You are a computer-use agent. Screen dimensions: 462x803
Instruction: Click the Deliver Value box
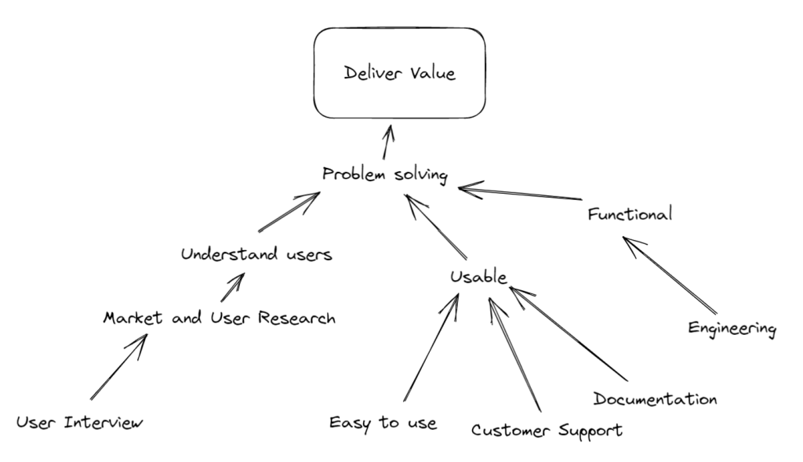click(x=400, y=74)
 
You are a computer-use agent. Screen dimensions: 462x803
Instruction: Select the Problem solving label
click(x=385, y=174)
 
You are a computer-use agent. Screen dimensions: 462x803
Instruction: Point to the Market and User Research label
click(x=220, y=318)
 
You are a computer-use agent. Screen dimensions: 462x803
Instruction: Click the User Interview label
click(x=80, y=423)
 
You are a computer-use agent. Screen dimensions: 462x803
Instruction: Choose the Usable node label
click(x=479, y=276)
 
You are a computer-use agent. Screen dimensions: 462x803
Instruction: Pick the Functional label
click(x=630, y=213)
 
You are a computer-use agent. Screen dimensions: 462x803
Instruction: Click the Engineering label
click(x=732, y=328)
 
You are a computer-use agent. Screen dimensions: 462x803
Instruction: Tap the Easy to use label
click(x=383, y=423)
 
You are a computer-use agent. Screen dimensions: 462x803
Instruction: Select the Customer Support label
click(x=547, y=430)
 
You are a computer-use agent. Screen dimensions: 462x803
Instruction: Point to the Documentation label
click(x=655, y=398)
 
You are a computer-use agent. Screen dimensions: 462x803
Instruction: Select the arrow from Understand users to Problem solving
click(x=289, y=212)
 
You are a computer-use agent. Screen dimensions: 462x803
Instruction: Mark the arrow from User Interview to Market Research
click(x=118, y=367)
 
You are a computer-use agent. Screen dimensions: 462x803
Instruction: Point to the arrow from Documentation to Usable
click(x=568, y=332)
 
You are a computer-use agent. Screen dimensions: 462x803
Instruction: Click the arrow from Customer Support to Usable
click(x=515, y=353)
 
